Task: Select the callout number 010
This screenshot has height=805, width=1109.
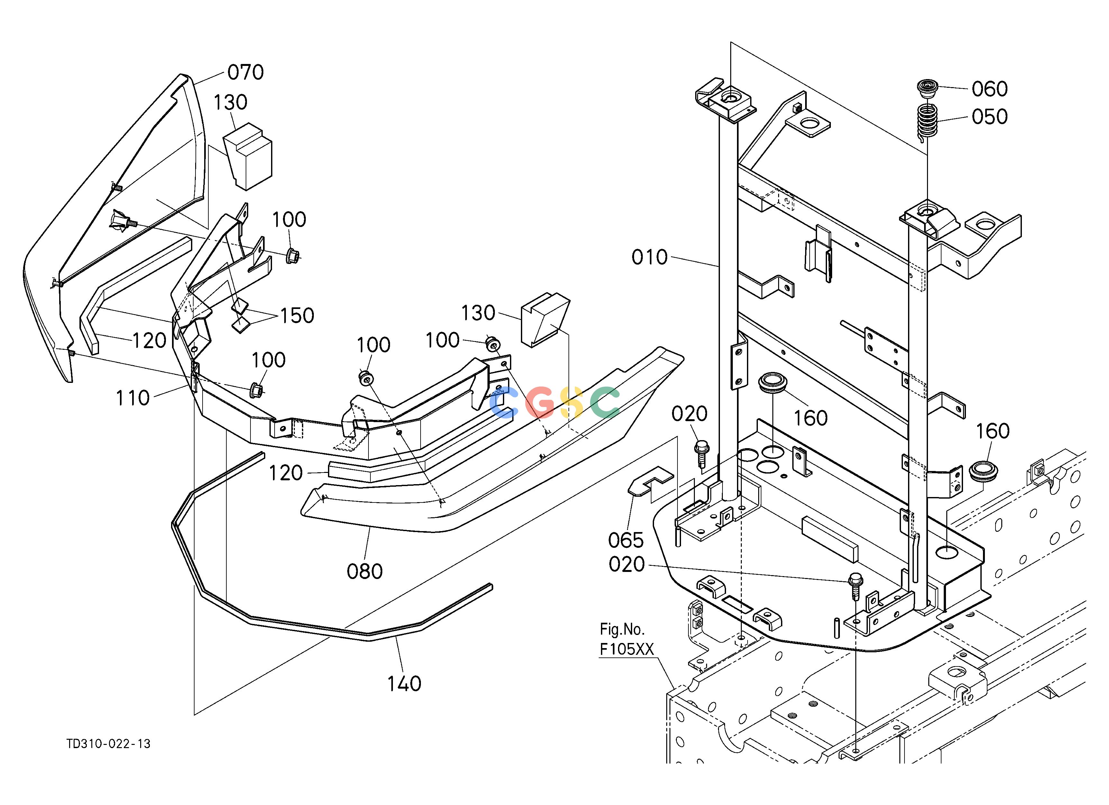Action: pyautogui.click(x=650, y=257)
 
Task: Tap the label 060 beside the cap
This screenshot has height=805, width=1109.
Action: pyautogui.click(x=990, y=89)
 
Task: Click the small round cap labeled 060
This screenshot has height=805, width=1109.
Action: pyautogui.click(x=926, y=88)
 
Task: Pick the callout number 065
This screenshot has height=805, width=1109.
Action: pyautogui.click(x=626, y=540)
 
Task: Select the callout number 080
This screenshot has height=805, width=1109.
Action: pyautogui.click(x=364, y=571)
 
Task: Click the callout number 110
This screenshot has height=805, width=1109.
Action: pyautogui.click(x=132, y=398)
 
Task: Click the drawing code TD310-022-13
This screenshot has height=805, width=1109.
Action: pyautogui.click(x=109, y=743)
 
